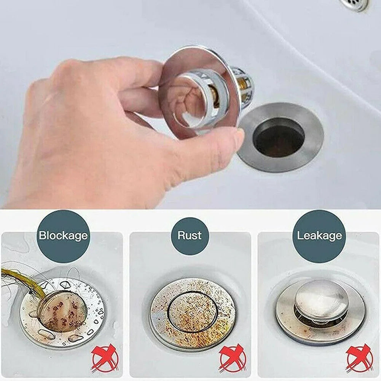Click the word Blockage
63,236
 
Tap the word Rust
190,235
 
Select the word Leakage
319,236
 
